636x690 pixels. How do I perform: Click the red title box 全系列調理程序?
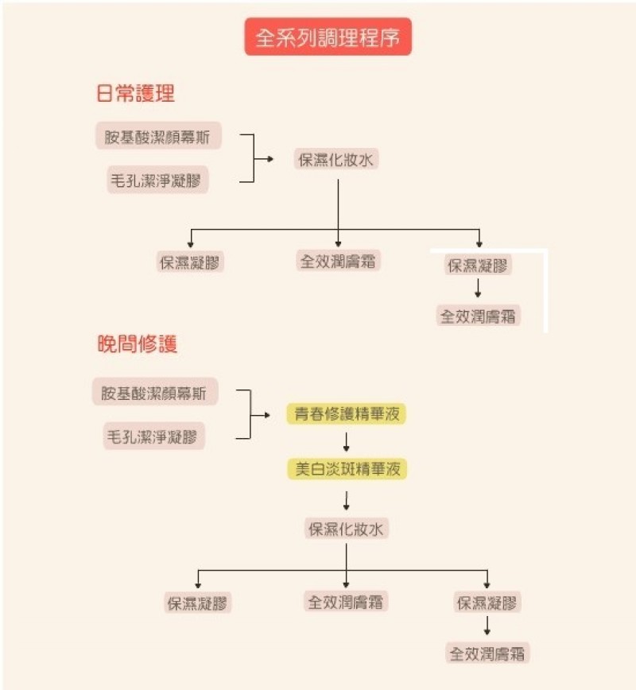(328, 37)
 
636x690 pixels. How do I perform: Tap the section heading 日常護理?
(135, 94)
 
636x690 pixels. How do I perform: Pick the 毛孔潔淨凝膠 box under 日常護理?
(159, 180)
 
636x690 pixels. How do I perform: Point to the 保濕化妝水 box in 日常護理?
(336, 159)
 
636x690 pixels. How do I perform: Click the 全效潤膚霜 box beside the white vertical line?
(479, 316)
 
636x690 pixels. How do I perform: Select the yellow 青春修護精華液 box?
(347, 414)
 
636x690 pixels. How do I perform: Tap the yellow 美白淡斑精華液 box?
(347, 469)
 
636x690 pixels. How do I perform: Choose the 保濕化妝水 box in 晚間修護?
(347, 529)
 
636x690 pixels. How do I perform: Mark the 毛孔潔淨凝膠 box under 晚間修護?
(155, 436)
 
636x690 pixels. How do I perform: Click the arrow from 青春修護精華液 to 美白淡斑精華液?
(347, 441)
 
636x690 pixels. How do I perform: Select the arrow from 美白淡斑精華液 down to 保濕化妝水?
(347, 499)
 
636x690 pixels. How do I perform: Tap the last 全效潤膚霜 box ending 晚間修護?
(487, 654)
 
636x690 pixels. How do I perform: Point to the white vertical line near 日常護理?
(546, 291)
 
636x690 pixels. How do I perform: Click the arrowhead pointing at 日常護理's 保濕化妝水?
(270, 159)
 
